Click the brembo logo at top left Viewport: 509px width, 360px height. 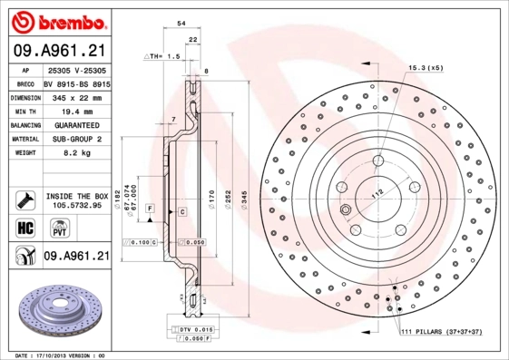coord(56,20)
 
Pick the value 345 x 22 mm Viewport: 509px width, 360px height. coord(74,96)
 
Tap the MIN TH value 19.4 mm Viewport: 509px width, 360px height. coord(74,110)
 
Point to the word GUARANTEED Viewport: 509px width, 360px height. coord(74,124)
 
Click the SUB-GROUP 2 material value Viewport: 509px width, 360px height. coord(74,139)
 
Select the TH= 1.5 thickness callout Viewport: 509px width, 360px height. coord(162,56)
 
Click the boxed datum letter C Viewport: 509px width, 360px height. coord(182,211)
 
